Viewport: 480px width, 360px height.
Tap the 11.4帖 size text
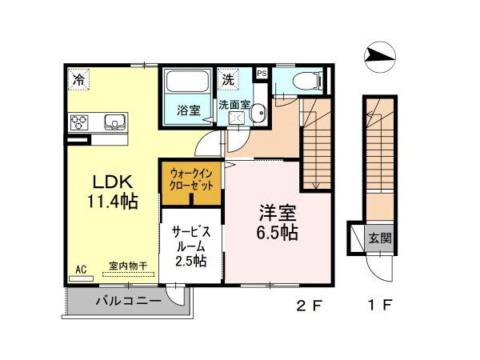click(113, 200)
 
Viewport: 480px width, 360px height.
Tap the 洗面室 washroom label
click(234, 104)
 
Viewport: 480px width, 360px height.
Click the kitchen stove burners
click(81, 122)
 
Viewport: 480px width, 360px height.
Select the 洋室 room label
click(278, 213)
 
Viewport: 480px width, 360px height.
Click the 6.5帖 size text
click(278, 234)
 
